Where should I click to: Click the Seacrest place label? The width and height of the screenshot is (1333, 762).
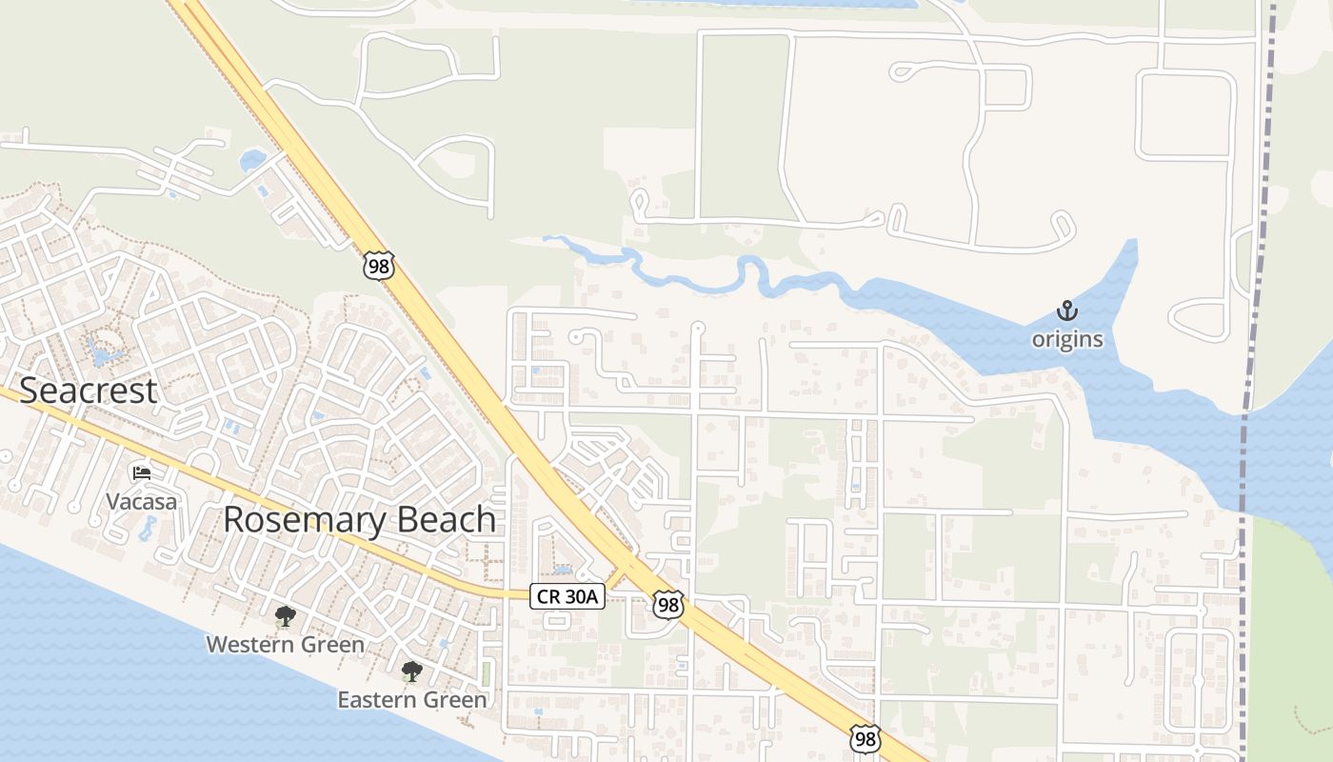(88, 391)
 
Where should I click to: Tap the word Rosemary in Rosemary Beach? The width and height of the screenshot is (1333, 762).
(300, 520)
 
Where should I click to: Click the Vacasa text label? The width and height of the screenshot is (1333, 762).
(142, 502)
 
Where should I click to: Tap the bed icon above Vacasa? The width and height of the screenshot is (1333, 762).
(142, 472)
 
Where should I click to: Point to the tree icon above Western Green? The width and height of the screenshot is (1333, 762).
(285, 616)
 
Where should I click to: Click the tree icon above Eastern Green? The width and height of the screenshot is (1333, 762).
(411, 672)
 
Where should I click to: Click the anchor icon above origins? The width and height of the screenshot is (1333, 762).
(1067, 311)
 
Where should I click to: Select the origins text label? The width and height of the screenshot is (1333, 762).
(1067, 339)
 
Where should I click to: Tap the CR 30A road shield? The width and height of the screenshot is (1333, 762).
(567, 596)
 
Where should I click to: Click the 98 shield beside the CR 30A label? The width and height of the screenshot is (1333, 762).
(668, 603)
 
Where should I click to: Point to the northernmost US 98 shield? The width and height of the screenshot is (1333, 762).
(378, 266)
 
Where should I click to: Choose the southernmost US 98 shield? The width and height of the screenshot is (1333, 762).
(865, 739)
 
